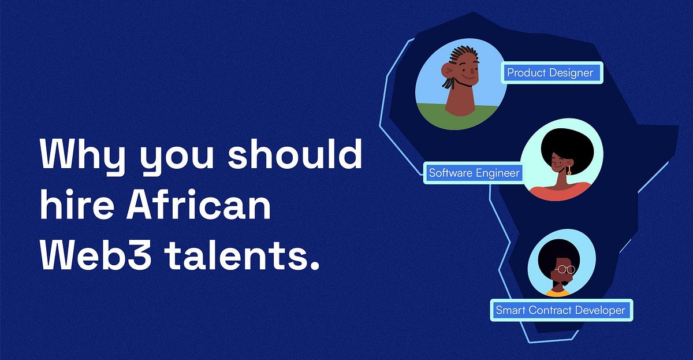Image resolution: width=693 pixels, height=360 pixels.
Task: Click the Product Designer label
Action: coord(550,73)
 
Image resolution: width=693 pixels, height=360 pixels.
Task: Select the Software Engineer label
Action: coord(474,172)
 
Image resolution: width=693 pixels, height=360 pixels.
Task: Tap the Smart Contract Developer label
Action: coord(560,310)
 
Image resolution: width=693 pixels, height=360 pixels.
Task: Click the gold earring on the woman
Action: coord(569,171)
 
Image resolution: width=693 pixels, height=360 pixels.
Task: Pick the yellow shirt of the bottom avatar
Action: coord(557,293)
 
